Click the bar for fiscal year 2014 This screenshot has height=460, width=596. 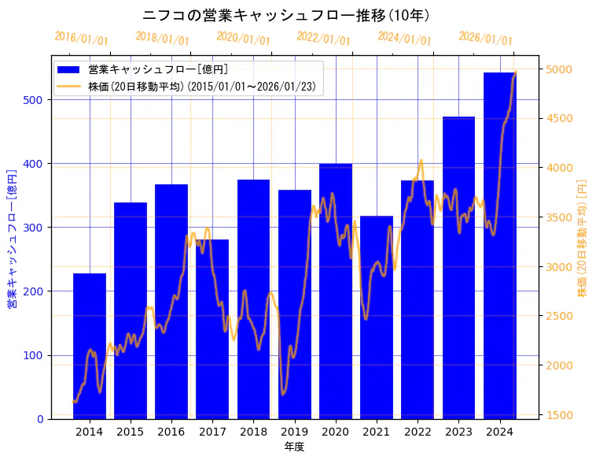tap(90, 347)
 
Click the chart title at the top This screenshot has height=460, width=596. tap(286, 15)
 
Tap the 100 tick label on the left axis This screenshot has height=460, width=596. tap(38, 355)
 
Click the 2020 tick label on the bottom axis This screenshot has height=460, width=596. tap(336, 431)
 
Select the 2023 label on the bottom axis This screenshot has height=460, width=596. tap(458, 431)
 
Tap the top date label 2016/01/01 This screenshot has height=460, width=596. tap(82, 39)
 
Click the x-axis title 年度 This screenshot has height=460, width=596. tap(294, 447)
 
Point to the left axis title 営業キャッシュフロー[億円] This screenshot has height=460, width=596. tap(12, 238)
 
